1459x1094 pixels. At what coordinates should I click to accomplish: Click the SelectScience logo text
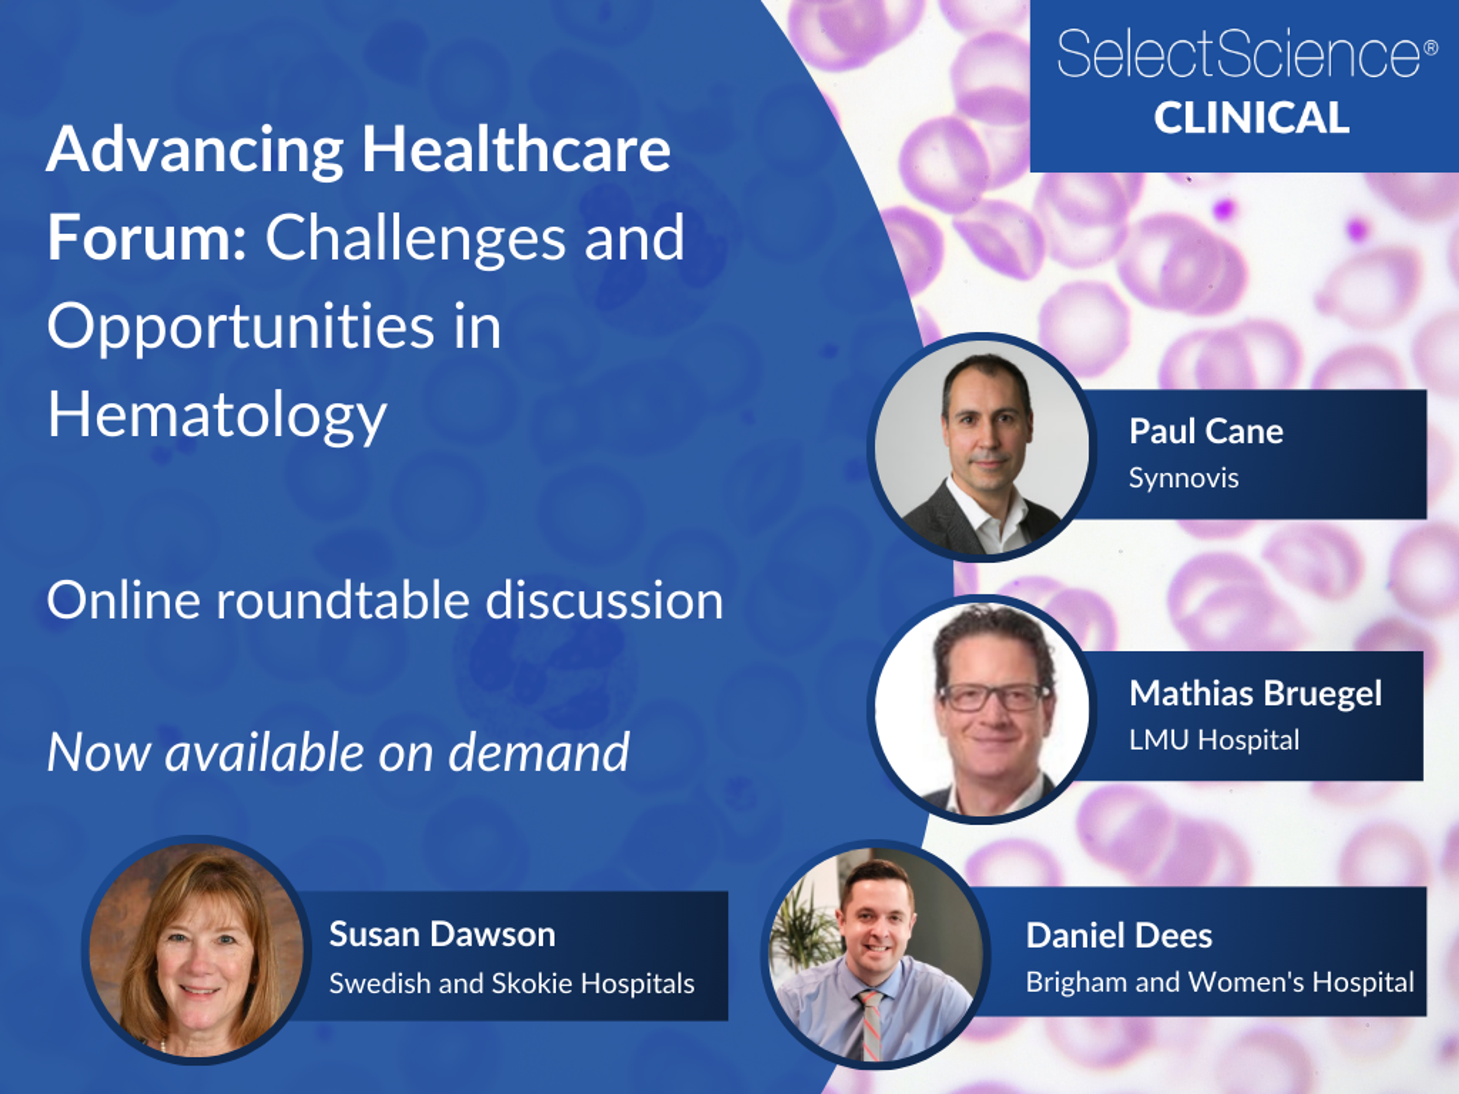tap(1239, 54)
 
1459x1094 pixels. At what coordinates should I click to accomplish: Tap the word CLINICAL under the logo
tap(1251, 119)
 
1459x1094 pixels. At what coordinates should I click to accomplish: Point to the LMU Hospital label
tap(1214, 740)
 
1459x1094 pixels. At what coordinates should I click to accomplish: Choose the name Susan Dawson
tap(442, 934)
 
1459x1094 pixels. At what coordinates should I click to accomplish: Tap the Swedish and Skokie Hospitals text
tap(511, 983)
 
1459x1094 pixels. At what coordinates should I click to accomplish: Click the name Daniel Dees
tap(1119, 936)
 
